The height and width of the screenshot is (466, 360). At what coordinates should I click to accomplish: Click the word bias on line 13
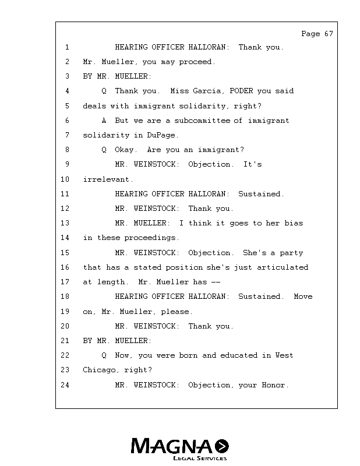click(294, 223)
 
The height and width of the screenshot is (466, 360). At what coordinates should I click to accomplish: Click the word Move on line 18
click(303, 296)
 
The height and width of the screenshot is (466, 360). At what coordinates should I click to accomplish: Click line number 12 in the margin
click(65, 209)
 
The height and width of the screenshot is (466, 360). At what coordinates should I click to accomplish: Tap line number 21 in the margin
click(65, 341)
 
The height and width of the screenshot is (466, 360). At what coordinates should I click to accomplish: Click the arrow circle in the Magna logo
click(222, 446)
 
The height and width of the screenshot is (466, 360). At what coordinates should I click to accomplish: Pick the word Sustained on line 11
click(261, 194)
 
